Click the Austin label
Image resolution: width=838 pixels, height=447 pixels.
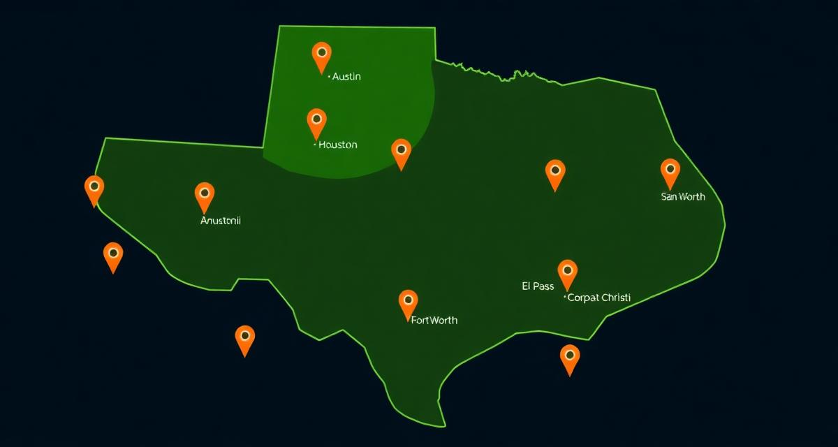pos(346,76)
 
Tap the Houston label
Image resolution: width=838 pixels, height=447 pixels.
pos(337,145)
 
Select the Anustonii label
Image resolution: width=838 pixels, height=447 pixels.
pos(221,221)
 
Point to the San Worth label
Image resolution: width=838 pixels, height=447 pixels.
pos(683,196)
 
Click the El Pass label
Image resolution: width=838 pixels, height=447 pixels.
pos(538,286)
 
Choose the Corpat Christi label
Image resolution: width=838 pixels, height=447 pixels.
pos(599,298)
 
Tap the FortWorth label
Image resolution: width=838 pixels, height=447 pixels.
pos(434,320)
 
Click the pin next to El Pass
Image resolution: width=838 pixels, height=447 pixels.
pos(567,272)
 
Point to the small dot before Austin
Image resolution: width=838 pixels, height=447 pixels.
pos(328,78)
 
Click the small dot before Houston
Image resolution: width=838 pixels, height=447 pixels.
pos(314,145)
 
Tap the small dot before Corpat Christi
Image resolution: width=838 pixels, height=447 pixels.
pos(564,298)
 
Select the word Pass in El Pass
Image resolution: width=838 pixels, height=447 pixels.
pos(544,286)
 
